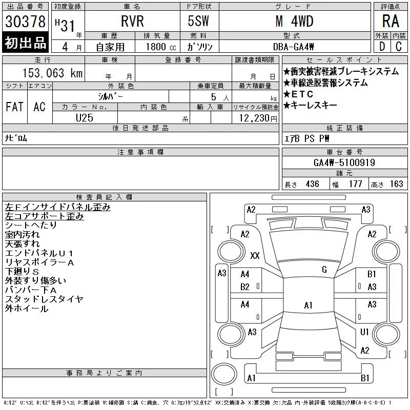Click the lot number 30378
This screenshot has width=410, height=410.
[x=25, y=22]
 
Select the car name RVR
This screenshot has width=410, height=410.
[x=132, y=21]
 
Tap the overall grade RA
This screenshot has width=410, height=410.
[x=391, y=21]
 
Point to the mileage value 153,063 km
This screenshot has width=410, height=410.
[x=52, y=73]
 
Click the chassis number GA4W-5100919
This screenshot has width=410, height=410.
[x=344, y=162]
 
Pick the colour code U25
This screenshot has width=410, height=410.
[x=85, y=118]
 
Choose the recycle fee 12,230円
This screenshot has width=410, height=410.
[x=258, y=118]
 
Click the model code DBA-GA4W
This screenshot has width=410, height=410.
[x=293, y=47]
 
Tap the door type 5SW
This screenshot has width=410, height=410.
[x=198, y=21]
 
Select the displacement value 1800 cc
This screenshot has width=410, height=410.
[x=161, y=47]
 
